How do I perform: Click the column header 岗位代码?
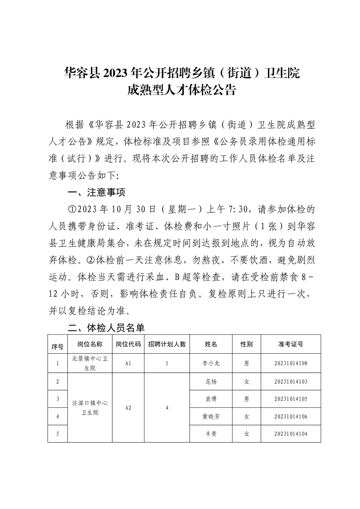tap(128, 344)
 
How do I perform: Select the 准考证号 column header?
tap(291, 344)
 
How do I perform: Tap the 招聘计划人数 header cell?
tap(167, 344)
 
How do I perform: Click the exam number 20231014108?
tap(291, 363)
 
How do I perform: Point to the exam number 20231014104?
tap(291, 434)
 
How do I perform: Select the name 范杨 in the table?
tap(211, 382)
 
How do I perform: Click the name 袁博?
tap(211, 399)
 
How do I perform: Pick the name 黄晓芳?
tap(211, 416)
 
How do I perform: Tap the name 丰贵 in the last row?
tap(211, 434)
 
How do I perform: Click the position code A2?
tap(128, 407)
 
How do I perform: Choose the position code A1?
tap(128, 363)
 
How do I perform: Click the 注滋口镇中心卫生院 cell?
tap(89, 407)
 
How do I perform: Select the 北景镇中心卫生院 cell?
tap(89, 363)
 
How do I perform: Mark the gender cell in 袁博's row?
tap(247, 399)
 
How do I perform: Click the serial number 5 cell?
tap(57, 434)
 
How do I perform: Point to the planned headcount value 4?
tap(167, 407)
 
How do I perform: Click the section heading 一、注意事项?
tap(96, 192)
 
